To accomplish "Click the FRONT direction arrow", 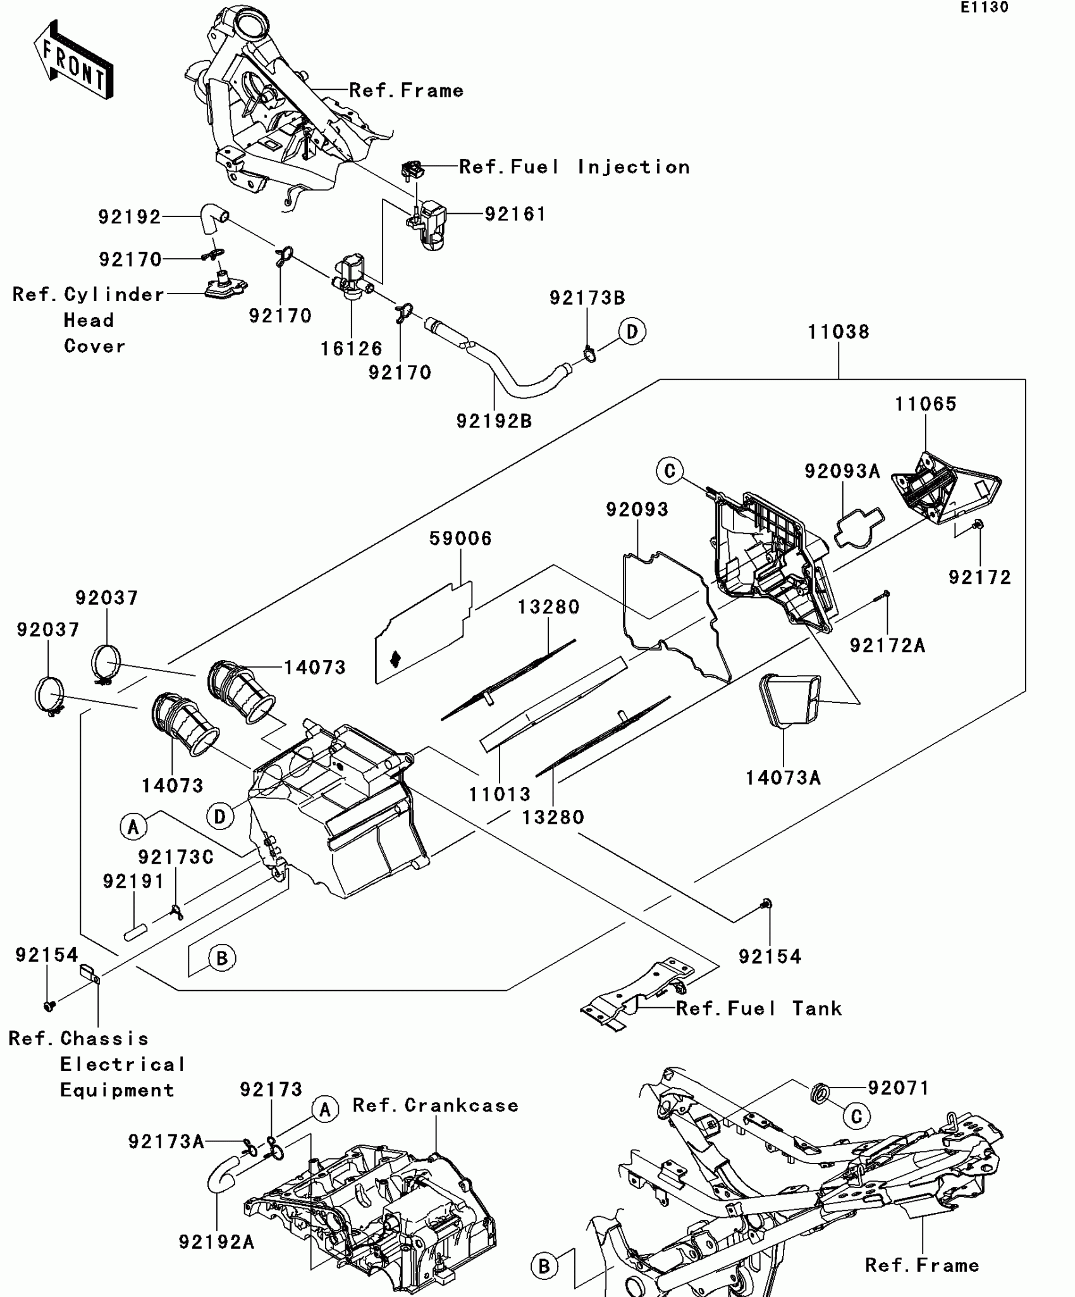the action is coord(73,60).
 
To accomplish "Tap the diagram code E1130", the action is coord(985,8).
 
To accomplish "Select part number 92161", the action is coord(515,214).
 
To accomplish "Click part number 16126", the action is coord(351,349).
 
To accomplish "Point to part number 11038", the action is coord(838,332).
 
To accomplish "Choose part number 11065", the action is coord(925,404).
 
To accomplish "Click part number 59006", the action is coord(460,538).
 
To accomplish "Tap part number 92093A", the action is coord(842,471).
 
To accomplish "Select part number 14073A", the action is coord(783,778).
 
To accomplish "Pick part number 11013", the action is coord(500,794).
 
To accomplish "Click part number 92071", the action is coord(898,1088).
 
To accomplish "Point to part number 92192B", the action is coord(494,421).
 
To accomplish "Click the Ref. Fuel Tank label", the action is coord(759,1008).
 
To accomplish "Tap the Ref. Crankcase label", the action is coord(435,1105).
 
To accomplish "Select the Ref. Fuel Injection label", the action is coord(574,167).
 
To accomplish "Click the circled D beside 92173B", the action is coord(632,332).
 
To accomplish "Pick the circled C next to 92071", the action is coord(856,1117).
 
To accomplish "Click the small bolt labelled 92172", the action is coord(978,524).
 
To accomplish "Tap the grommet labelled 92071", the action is coord(819,1093).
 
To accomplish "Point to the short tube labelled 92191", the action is coord(135,933).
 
